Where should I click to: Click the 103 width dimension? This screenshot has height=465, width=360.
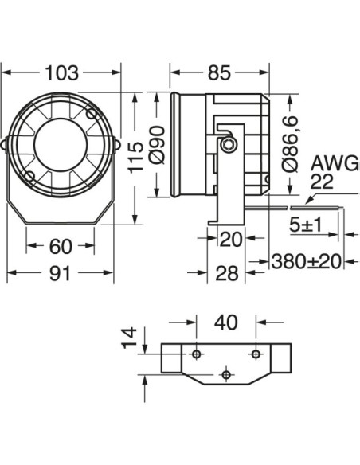pyautogui.click(x=62, y=73)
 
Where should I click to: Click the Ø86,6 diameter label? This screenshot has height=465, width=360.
pyautogui.click(x=292, y=144)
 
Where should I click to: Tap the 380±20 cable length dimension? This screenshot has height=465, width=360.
pyautogui.click(x=307, y=260)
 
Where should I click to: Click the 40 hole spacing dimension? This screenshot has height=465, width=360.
pyautogui.click(x=225, y=322)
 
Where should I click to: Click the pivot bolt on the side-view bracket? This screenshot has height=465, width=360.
pyautogui.click(x=229, y=143)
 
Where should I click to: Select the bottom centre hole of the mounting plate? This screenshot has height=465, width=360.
pyautogui.click(x=227, y=373)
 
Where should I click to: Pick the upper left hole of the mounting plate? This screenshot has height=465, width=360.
pyautogui.click(x=197, y=353)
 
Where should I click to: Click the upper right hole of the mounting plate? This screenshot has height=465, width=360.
pyautogui.click(x=256, y=353)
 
